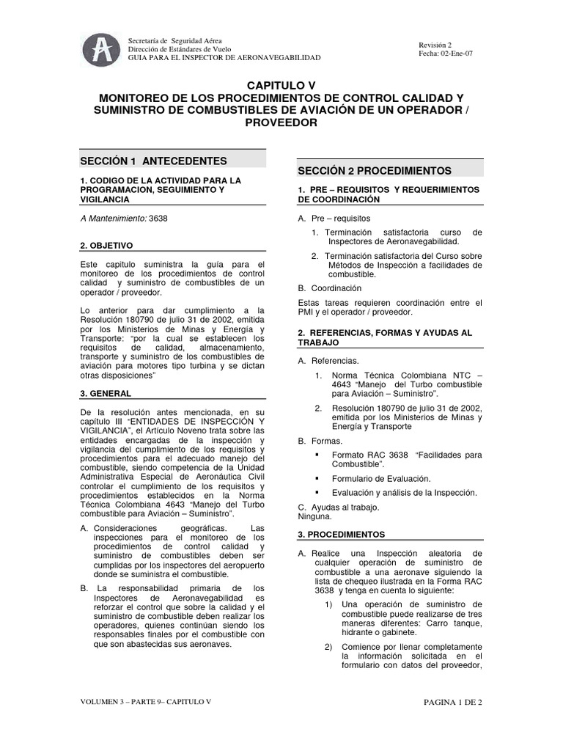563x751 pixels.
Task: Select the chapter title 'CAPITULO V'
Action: (x=281, y=86)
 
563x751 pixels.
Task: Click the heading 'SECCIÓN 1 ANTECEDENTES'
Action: (x=153, y=161)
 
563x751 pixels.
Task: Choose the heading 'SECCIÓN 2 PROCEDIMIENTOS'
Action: (x=374, y=170)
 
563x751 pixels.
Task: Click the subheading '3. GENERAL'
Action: (x=106, y=393)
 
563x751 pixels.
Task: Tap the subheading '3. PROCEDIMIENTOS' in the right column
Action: (x=342, y=534)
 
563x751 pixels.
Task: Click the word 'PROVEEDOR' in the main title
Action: (x=281, y=122)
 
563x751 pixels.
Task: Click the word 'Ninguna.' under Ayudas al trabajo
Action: (x=314, y=516)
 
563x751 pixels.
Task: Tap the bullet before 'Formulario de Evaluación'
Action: (x=317, y=478)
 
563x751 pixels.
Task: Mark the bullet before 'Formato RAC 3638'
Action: (x=317, y=455)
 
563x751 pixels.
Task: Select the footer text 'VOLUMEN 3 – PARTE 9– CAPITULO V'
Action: (x=146, y=702)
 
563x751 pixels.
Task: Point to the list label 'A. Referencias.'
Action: (x=328, y=361)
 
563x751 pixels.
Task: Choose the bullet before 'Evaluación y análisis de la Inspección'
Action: (x=317, y=492)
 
